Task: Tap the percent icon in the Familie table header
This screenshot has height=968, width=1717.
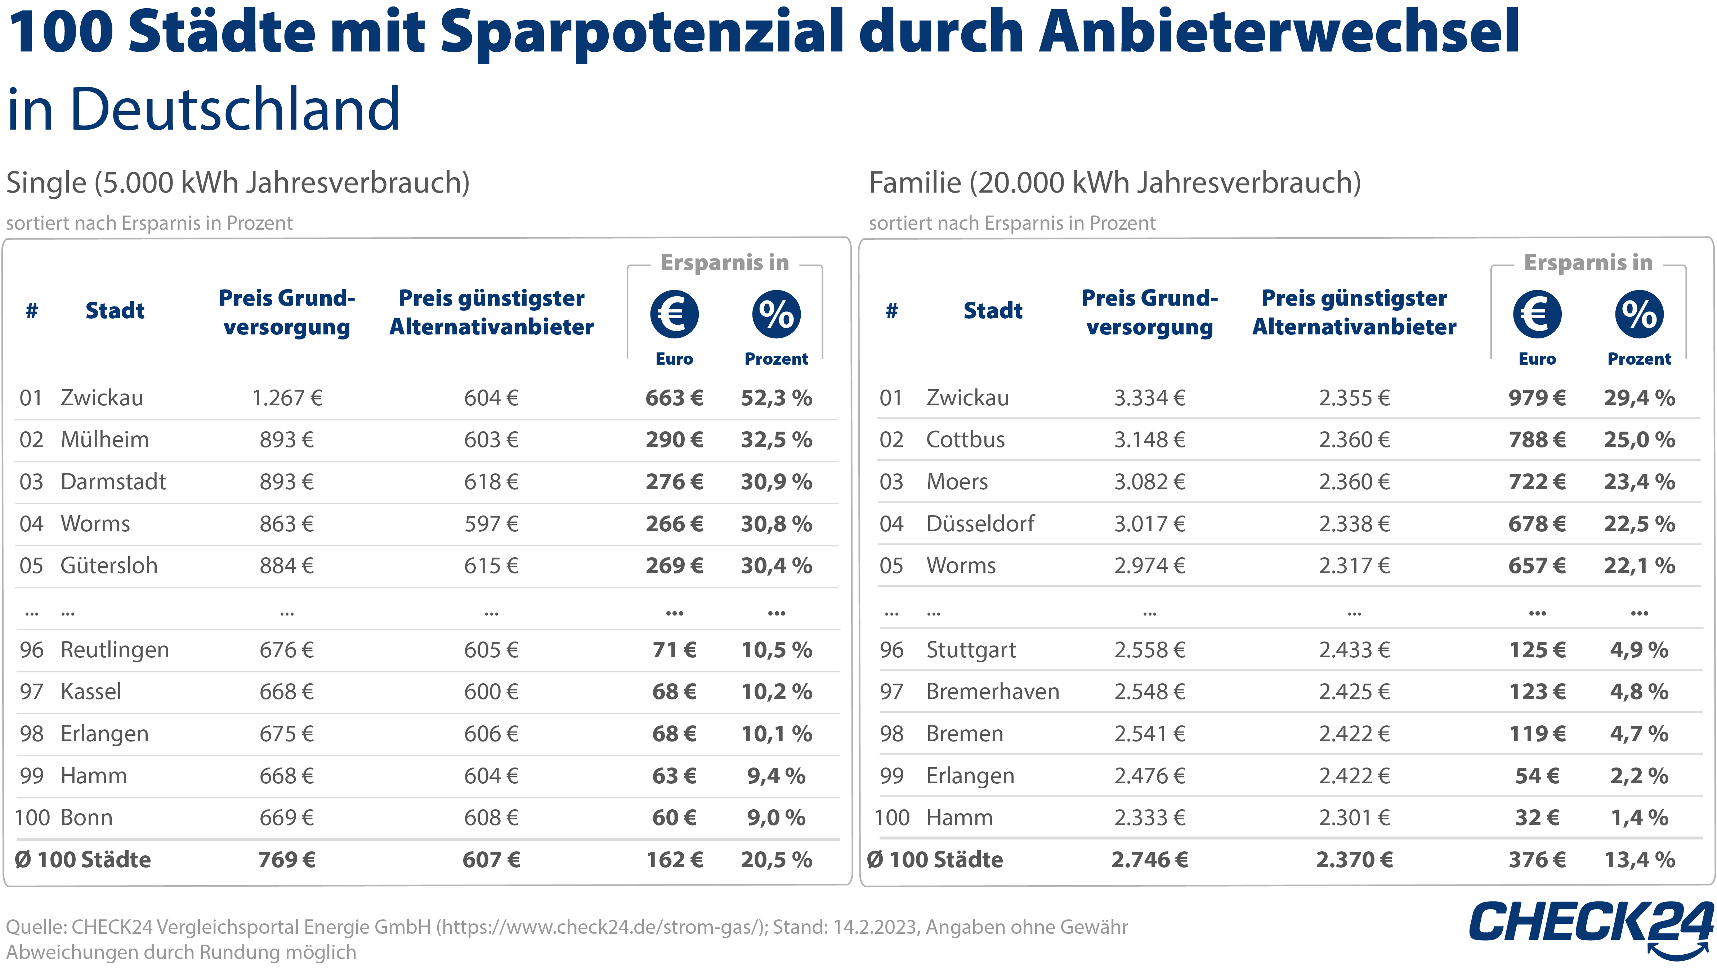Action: pyautogui.click(x=1638, y=314)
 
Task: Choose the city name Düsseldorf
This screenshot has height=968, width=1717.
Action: pyautogui.click(x=980, y=524)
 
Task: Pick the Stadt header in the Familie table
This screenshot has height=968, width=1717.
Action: pyautogui.click(x=992, y=310)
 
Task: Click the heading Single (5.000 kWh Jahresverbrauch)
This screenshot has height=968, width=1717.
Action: pyautogui.click(x=238, y=183)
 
